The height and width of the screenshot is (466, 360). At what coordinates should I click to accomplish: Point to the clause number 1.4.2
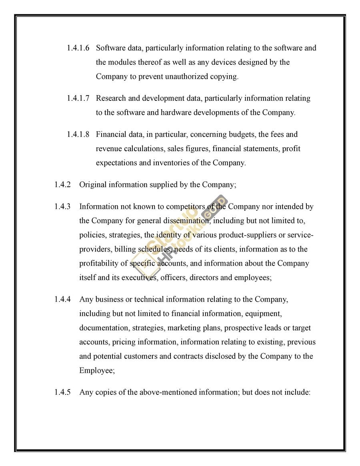(62, 185)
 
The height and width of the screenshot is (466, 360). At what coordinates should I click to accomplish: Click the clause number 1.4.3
(62, 207)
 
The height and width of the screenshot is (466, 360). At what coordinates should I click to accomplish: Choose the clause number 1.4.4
(62, 299)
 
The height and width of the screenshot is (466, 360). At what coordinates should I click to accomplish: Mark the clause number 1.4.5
(62, 392)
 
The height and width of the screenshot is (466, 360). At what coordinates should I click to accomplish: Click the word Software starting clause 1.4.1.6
(110, 48)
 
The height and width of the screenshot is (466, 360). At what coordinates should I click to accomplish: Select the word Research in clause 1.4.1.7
(111, 98)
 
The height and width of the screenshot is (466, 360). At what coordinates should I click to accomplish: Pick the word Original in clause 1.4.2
(93, 185)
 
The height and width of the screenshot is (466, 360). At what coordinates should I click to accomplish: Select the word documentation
(103, 328)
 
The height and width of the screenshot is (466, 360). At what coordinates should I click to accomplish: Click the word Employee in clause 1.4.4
(96, 371)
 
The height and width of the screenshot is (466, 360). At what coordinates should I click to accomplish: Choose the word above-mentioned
(165, 392)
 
